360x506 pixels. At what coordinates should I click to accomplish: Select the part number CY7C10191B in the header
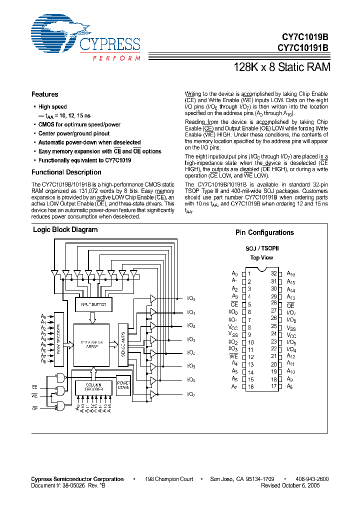[303, 48]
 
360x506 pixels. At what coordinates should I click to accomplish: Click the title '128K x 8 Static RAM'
[282, 66]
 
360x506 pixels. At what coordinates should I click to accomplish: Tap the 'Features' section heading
[45, 94]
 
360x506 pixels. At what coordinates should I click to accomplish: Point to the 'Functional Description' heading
[66, 172]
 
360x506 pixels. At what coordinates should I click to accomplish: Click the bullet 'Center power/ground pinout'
[74, 133]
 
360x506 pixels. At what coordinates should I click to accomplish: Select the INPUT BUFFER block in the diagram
[93, 304]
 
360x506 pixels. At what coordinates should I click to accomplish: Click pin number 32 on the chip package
[274, 273]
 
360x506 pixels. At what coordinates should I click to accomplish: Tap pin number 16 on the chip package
[251, 387]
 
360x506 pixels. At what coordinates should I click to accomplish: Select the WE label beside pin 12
[233, 356]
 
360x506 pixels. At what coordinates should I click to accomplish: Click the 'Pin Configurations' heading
[264, 232]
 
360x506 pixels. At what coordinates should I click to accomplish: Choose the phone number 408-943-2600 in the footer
[312, 479]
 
